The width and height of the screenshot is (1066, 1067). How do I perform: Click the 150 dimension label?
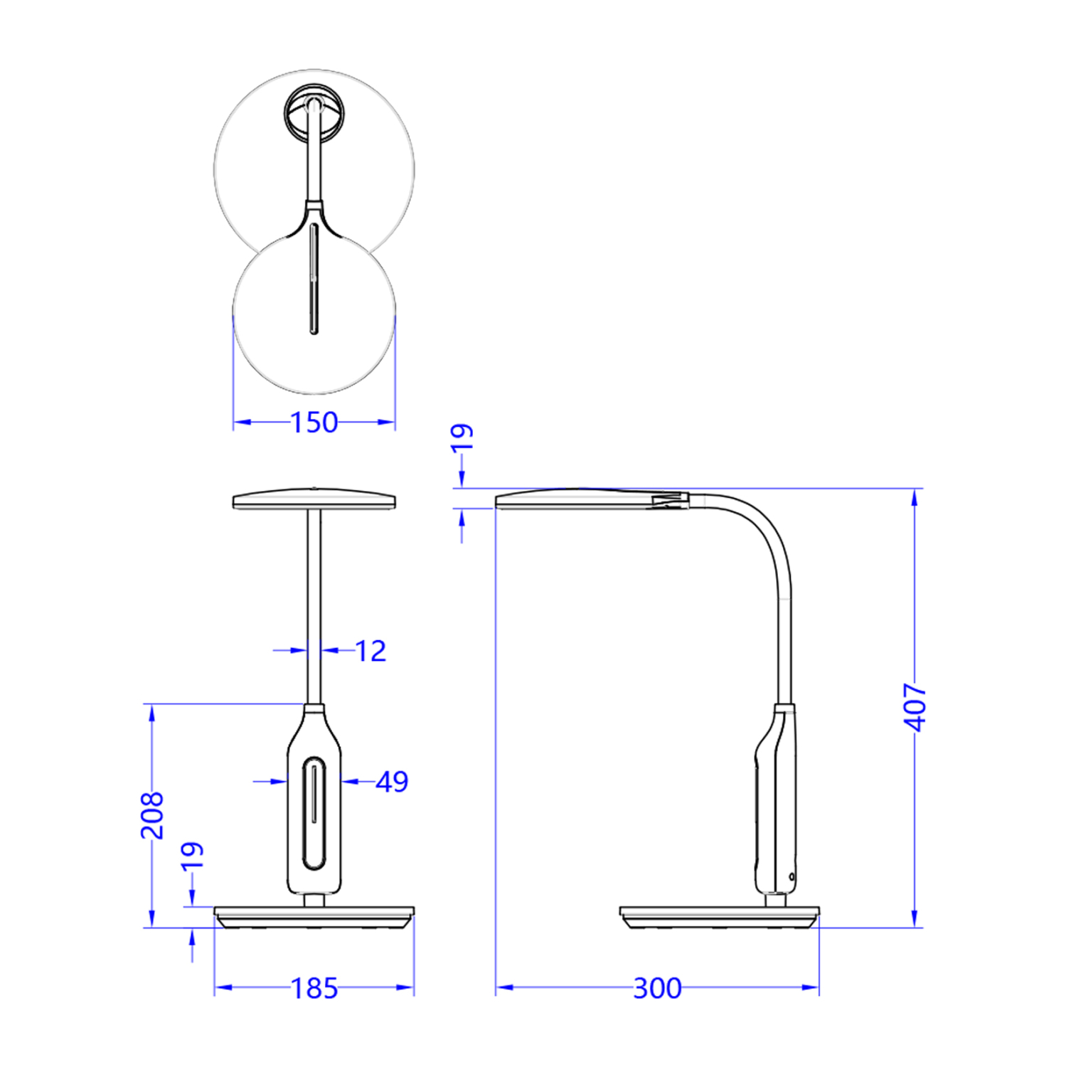pyautogui.click(x=314, y=423)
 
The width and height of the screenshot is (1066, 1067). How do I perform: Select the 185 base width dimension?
pyautogui.click(x=314, y=988)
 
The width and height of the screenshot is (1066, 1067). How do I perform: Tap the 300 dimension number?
pyautogui.click(x=657, y=988)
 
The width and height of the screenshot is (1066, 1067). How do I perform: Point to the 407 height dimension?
pyautogui.click(x=915, y=706)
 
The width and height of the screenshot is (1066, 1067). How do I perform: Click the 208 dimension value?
pyautogui.click(x=151, y=814)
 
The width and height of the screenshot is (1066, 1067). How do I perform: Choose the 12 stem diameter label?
pyautogui.click(x=370, y=651)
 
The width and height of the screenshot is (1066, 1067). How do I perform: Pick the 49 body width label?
pyautogui.click(x=392, y=782)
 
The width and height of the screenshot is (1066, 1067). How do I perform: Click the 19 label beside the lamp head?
pyautogui.click(x=462, y=436)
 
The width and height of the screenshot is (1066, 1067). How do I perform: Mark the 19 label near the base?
pyautogui.click(x=192, y=856)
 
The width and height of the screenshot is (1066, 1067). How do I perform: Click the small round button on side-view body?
pyautogui.click(x=791, y=877)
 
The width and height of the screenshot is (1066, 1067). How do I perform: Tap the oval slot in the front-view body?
pyautogui.click(x=314, y=813)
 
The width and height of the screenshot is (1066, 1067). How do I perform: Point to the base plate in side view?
pyautogui.click(x=719, y=917)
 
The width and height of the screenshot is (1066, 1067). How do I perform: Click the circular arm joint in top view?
pyautogui.click(x=314, y=112)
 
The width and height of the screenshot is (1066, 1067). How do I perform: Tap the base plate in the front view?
pyautogui.click(x=314, y=917)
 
